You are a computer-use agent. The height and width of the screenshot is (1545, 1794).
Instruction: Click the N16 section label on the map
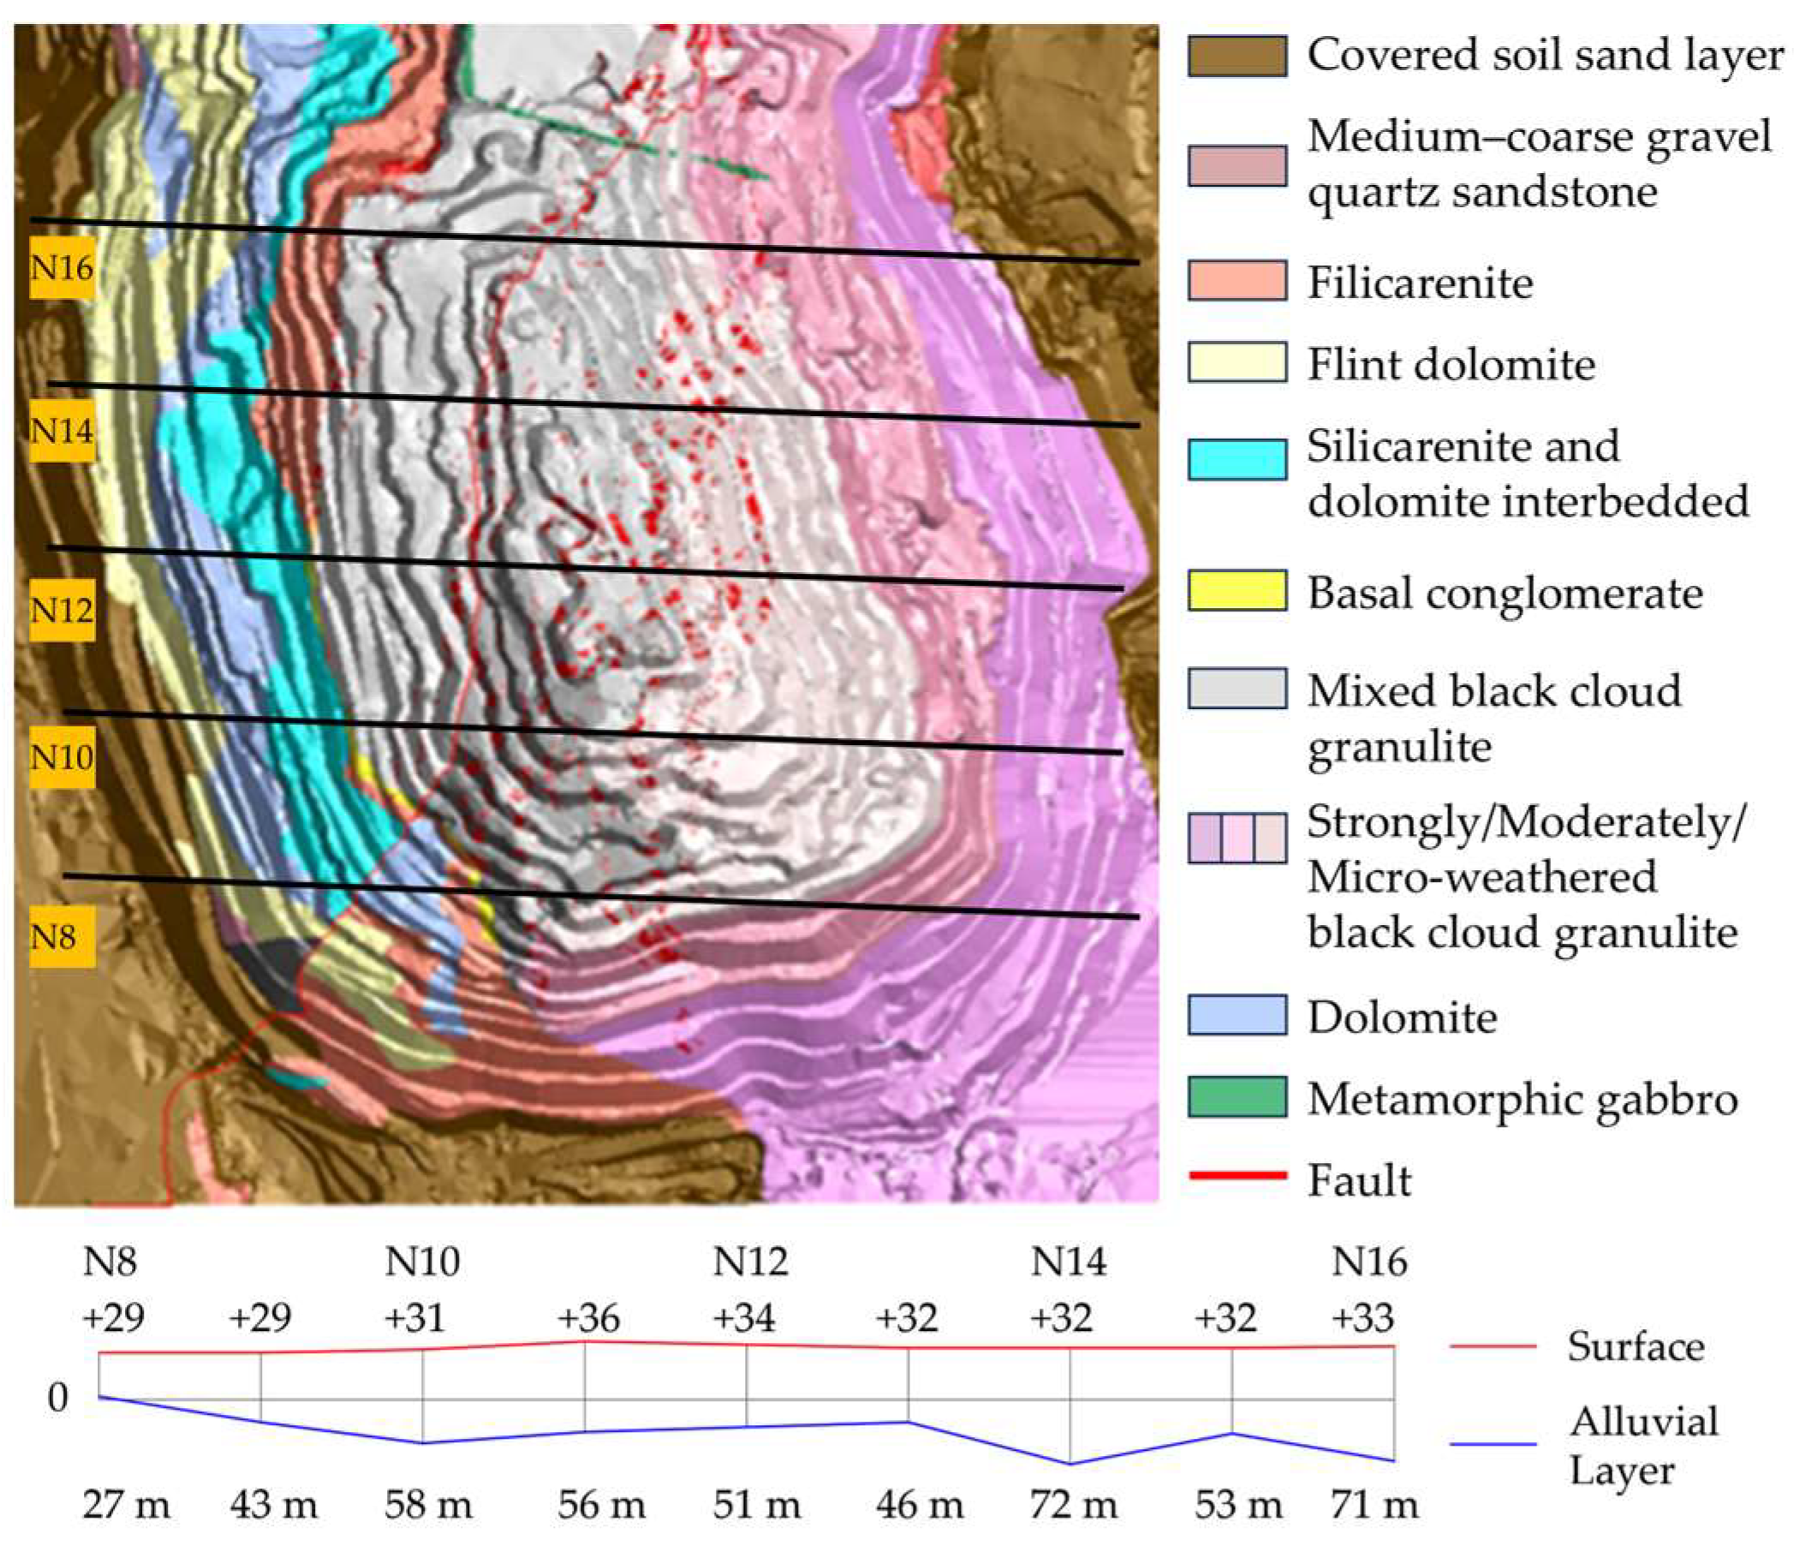[62, 267]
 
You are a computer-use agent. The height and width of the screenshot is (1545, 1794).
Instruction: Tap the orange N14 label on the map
[62, 431]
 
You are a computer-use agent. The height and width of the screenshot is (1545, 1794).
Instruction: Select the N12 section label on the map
[62, 611]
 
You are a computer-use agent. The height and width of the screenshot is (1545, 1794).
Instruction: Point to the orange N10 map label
[62, 758]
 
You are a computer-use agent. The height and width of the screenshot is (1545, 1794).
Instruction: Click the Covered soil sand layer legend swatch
[1236, 57]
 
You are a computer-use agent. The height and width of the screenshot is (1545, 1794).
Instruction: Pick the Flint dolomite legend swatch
[1236, 362]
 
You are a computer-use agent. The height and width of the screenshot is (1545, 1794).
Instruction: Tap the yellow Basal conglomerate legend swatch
[1236, 591]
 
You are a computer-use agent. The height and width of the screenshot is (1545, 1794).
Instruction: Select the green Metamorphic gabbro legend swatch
[1236, 1096]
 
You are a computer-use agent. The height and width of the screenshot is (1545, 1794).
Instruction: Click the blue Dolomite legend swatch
[1236, 1015]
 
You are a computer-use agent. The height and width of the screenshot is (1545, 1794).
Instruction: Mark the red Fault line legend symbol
[1237, 1175]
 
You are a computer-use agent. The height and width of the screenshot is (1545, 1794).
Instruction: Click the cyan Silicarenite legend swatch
[1236, 459]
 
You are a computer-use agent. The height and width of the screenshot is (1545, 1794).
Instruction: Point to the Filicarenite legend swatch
[1236, 281]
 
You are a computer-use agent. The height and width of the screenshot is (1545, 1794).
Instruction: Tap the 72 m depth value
[1074, 1505]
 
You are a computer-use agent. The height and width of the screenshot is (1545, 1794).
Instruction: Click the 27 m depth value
[127, 1505]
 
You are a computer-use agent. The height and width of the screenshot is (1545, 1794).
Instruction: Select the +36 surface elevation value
[588, 1319]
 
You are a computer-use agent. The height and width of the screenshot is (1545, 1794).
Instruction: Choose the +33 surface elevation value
[1362, 1319]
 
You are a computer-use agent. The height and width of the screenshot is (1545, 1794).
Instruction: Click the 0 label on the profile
[57, 1397]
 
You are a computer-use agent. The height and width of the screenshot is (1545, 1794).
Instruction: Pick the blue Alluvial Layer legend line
[1493, 1445]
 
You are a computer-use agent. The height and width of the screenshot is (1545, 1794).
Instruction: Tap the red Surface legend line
[1493, 1346]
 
